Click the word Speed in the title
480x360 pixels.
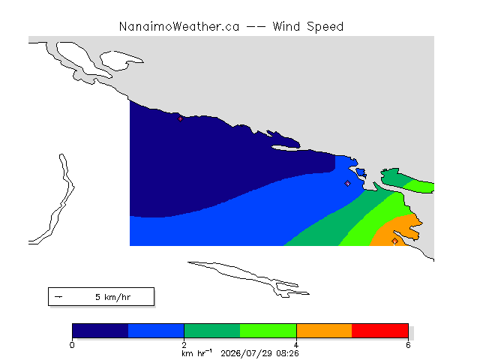[x=325, y=27]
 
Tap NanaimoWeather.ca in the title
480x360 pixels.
[x=179, y=27]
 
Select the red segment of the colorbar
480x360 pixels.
[x=380, y=331]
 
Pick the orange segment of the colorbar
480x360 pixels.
[x=324, y=331]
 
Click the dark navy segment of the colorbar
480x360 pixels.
[x=100, y=331]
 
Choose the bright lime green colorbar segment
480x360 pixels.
[x=268, y=331]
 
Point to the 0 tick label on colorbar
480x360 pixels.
[x=72, y=345]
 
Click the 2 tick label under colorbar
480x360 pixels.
[x=184, y=345]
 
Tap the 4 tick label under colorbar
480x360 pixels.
[x=296, y=345]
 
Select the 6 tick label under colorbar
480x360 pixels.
[x=408, y=345]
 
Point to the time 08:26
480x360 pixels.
[x=287, y=353]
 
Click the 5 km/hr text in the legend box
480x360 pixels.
[x=113, y=297]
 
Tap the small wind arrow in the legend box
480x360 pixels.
[x=58, y=297]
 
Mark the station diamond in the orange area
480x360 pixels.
[x=395, y=241]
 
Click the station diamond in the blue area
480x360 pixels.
[x=347, y=183]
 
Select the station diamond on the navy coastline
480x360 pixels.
[x=180, y=118]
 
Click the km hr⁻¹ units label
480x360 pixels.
[x=196, y=353]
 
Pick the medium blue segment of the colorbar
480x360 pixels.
[x=156, y=331]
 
